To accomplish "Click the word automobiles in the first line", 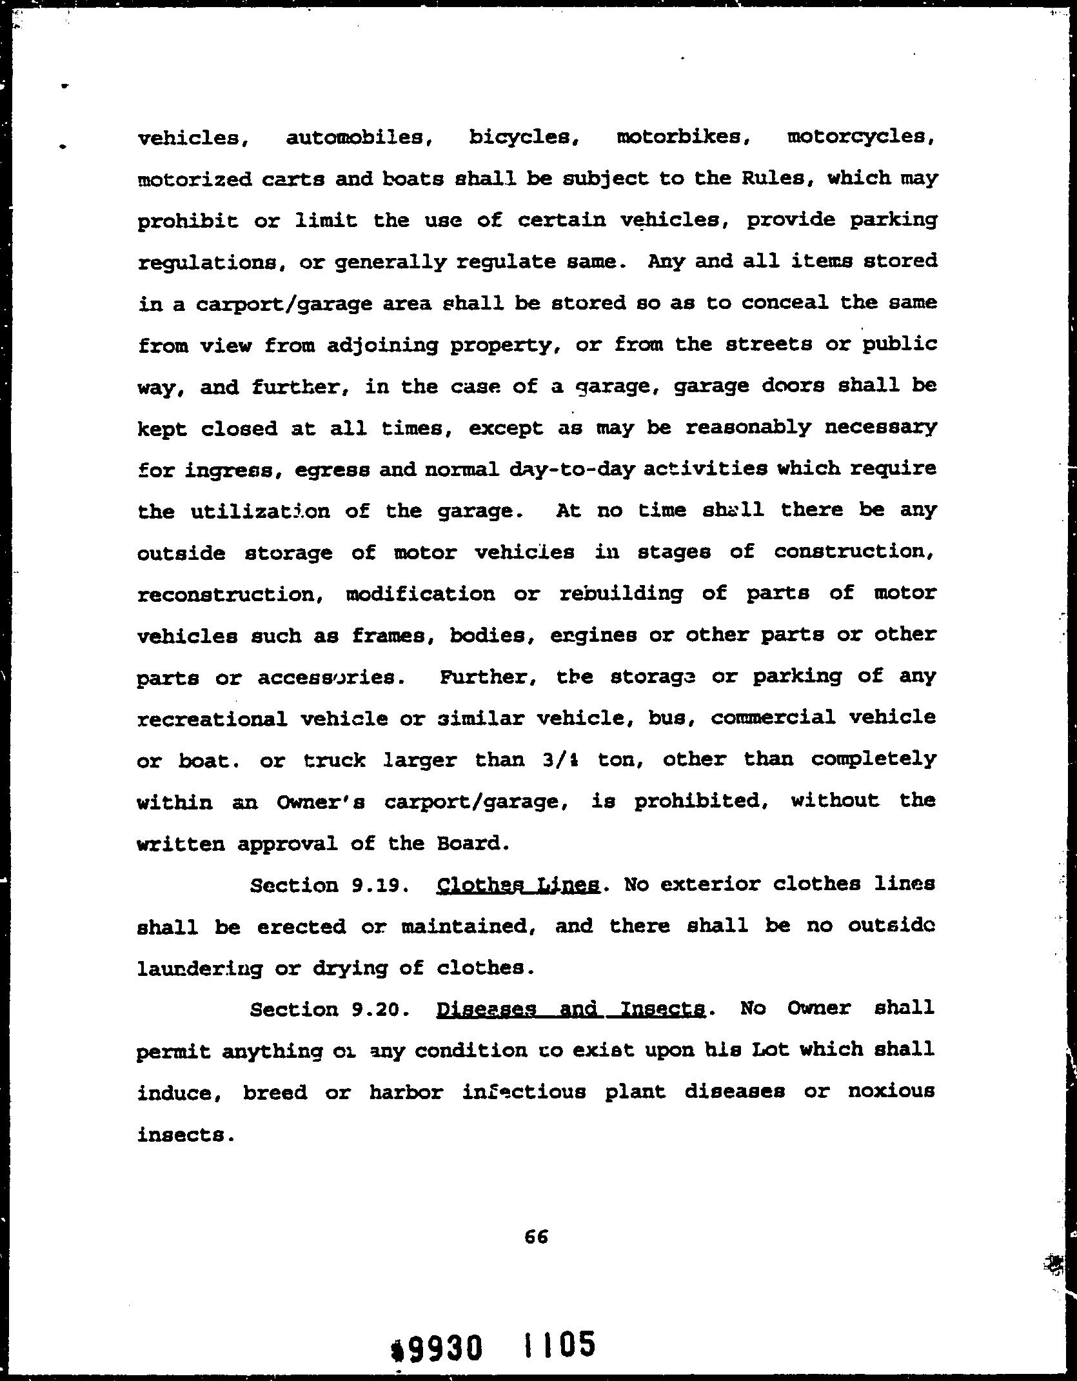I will [358, 138].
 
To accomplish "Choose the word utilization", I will [260, 512].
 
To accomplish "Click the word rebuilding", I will [620, 593].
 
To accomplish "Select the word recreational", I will [212, 719].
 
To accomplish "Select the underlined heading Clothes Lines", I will [519, 885].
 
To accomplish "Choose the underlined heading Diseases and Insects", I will [571, 1009].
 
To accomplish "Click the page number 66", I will [536, 1237].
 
